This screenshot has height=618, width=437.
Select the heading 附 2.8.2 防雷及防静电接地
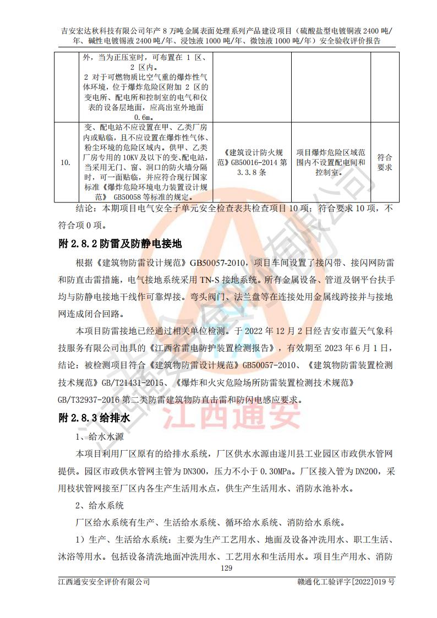pos(120,243)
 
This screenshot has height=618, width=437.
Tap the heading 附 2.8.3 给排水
pos(94,418)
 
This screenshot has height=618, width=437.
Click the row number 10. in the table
pos(65,162)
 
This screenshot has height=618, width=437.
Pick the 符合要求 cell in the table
pos(385,162)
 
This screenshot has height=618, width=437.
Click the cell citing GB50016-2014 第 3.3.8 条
pos(250,162)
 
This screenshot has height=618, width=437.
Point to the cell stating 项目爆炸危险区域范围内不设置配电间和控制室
pos(330,162)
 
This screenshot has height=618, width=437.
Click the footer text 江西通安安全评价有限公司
pos(104,582)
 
